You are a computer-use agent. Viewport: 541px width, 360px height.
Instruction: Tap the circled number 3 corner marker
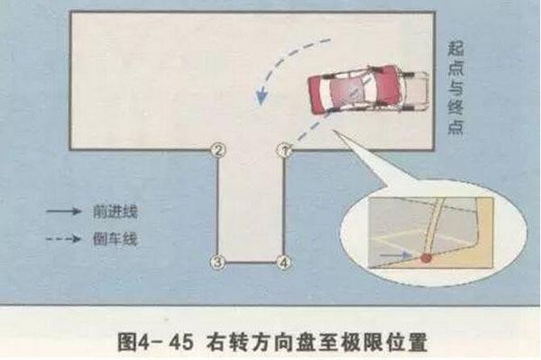click(x=216, y=263)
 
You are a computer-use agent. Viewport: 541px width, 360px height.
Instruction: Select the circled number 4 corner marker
click(x=284, y=263)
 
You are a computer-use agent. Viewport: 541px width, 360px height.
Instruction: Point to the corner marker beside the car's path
click(x=284, y=149)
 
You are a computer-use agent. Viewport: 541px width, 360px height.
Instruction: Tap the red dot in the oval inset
click(x=426, y=258)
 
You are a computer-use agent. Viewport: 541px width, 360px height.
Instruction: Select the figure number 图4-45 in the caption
click(x=152, y=342)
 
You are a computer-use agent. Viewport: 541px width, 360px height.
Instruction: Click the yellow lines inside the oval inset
click(x=401, y=242)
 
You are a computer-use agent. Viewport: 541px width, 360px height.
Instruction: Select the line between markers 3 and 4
click(x=250, y=263)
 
